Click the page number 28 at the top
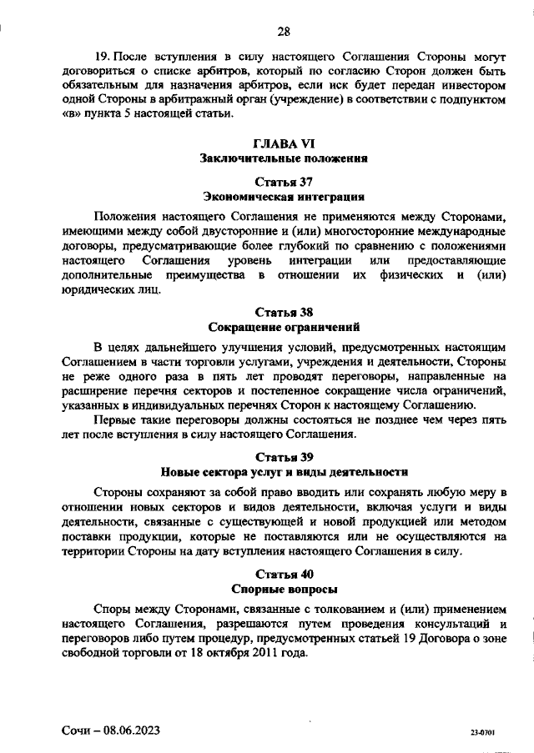[x=284, y=33]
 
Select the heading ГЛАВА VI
[x=284, y=143]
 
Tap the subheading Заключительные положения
[x=284, y=158]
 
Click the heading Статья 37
[x=284, y=182]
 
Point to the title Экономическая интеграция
[x=284, y=197]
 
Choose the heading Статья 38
[x=284, y=313]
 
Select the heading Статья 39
[x=284, y=456]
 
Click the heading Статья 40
[x=284, y=574]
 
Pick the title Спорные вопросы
[x=284, y=588]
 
